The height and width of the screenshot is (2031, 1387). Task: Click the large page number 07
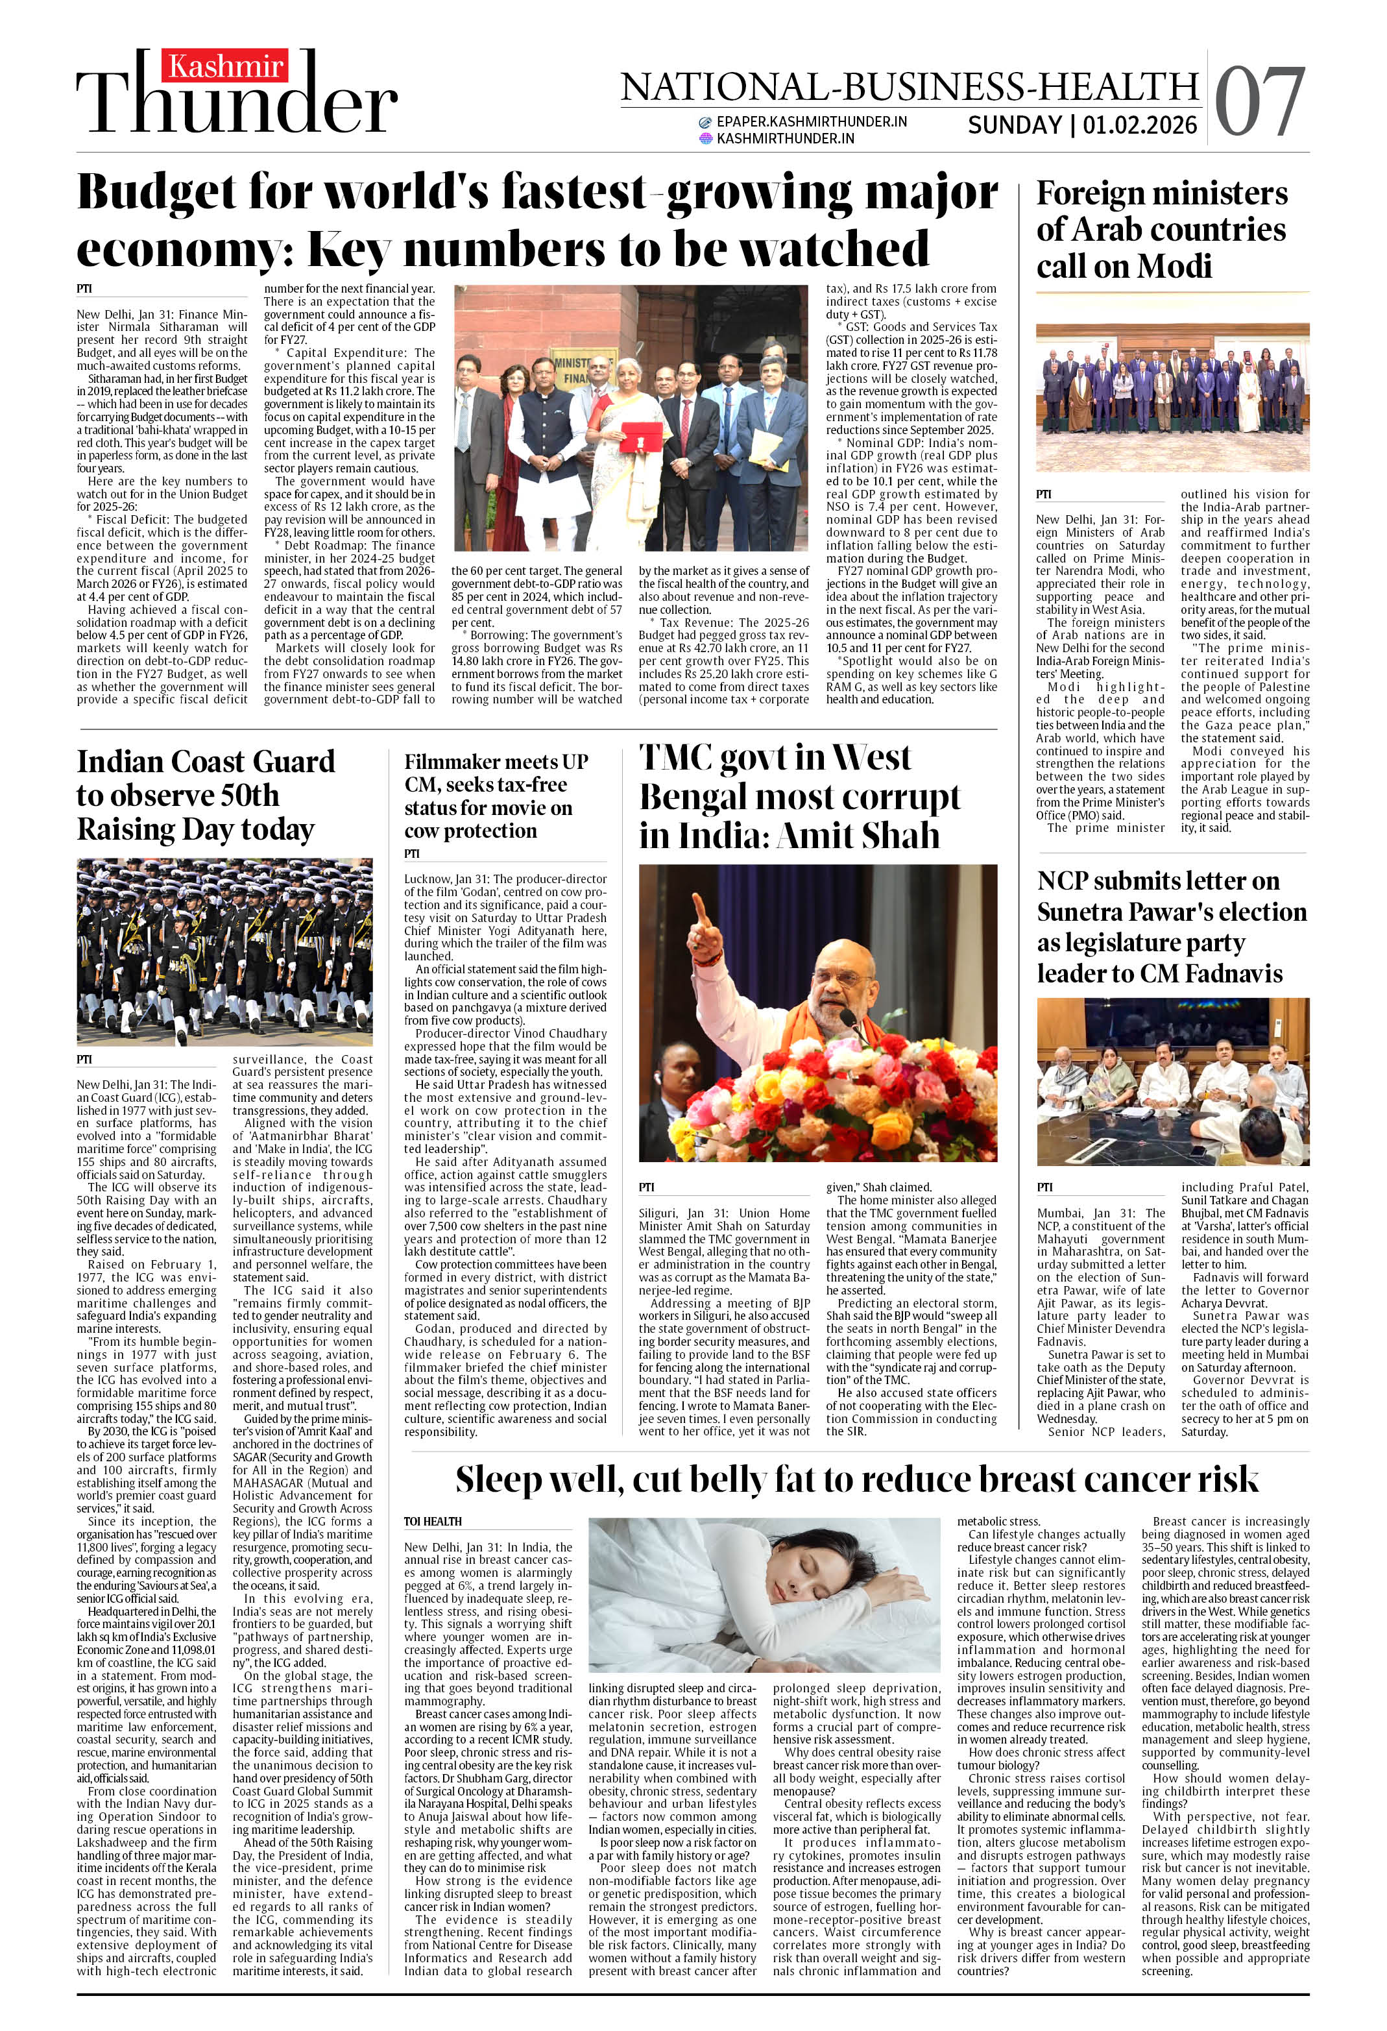(x=1259, y=103)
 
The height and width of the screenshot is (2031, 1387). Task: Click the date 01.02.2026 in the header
(x=1140, y=125)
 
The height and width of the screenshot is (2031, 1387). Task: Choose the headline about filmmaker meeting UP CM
(x=496, y=796)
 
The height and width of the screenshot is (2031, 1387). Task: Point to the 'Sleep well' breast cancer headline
(x=856, y=1479)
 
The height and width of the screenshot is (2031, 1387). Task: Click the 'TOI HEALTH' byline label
(x=433, y=1522)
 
